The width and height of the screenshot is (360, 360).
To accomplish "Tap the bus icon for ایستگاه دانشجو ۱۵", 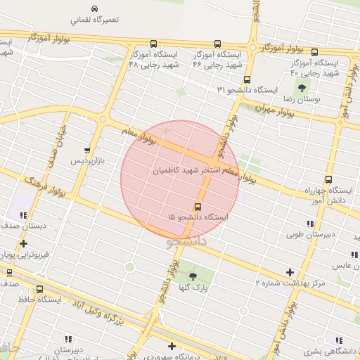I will tap(198, 207).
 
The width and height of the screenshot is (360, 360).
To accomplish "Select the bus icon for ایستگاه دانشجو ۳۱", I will tap(247, 80).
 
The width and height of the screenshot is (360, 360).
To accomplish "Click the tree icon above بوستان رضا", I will tap(302, 88).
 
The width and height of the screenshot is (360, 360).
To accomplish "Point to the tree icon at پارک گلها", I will tap(193, 276).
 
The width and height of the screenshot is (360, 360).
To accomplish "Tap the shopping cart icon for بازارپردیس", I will tap(87, 150).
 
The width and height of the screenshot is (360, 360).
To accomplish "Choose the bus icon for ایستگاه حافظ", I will tap(39, 288).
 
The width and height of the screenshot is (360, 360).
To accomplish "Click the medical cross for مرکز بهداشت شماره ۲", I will tap(289, 272).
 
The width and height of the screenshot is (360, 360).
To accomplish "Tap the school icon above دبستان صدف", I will tap(23, 215).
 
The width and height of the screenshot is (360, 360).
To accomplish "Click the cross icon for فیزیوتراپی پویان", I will tap(23, 244).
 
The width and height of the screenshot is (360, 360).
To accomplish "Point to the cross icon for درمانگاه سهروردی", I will tap(172, 346).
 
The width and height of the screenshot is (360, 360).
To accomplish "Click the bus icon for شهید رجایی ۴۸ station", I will tap(134, 44).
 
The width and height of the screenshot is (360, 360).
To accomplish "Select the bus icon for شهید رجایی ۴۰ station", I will tap(314, 52).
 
